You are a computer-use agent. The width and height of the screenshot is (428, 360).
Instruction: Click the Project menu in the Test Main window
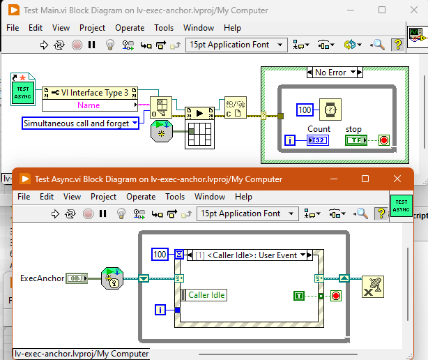tap(92, 28)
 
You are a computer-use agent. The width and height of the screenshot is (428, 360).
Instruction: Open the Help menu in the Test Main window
tap(232, 28)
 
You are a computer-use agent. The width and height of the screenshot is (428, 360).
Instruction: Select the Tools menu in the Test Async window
tap(175, 197)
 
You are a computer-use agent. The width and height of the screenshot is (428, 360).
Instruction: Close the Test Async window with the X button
tap(397, 179)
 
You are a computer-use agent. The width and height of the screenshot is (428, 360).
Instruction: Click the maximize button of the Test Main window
tap(381, 10)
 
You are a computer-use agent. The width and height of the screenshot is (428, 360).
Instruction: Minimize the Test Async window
tap(333, 179)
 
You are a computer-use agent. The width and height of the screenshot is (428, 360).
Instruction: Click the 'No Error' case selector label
tap(330, 73)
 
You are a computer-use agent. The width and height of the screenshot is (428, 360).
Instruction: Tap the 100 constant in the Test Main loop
tap(305, 110)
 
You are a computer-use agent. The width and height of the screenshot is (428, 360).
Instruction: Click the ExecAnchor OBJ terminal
tap(76, 278)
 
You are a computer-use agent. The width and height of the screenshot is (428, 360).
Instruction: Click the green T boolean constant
tap(299, 296)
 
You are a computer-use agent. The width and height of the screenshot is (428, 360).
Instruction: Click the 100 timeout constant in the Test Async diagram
tap(160, 255)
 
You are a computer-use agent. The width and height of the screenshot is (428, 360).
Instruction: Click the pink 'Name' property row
tap(89, 105)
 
